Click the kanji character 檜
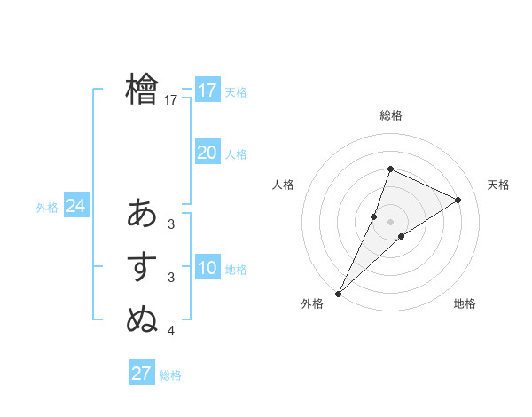(x=142, y=90)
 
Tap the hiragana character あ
(x=142, y=214)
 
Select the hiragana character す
(x=142, y=268)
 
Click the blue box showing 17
(x=207, y=90)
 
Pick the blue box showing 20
(x=207, y=153)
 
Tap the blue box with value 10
(x=207, y=268)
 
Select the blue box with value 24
(x=76, y=206)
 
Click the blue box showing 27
(x=142, y=373)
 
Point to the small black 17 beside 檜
(x=171, y=101)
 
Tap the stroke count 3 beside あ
(x=171, y=224)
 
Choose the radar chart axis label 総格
(x=391, y=116)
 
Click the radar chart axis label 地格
(x=465, y=304)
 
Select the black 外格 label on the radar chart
(x=312, y=304)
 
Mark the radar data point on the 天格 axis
(x=458, y=200)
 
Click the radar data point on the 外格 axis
(x=339, y=293)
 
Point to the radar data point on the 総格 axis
(x=390, y=169)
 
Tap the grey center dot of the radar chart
(x=390, y=222)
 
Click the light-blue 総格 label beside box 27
(x=170, y=375)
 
